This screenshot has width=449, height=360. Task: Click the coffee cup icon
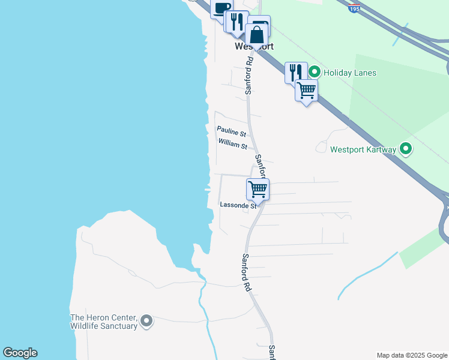[x=221, y=8]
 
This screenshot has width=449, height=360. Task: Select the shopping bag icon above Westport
[x=256, y=35]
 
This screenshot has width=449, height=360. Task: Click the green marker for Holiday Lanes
[x=313, y=73]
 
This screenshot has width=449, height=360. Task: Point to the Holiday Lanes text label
[x=349, y=73]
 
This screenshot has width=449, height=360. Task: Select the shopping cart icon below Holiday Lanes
[x=306, y=91]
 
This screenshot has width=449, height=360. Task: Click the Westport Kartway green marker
[x=406, y=148]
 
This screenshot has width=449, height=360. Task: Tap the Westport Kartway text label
[x=363, y=149]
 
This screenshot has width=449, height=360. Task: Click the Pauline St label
[x=231, y=130]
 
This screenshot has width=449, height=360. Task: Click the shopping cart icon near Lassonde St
[x=258, y=189]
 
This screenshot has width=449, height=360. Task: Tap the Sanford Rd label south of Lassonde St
[x=246, y=273]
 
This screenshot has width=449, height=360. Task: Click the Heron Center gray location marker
[x=146, y=322]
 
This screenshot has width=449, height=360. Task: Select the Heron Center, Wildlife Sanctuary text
[x=104, y=322]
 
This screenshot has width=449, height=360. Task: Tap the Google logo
[x=20, y=353]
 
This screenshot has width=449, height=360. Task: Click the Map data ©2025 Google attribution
[x=412, y=355]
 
